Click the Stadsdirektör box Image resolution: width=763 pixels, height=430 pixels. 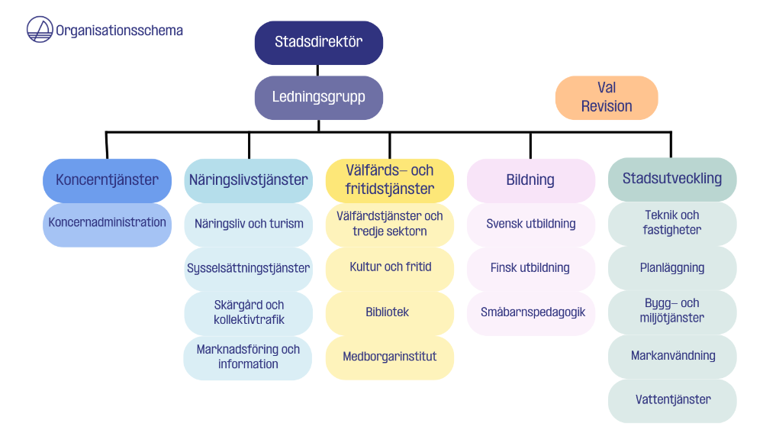(319, 43)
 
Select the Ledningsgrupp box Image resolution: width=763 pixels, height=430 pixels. (319, 98)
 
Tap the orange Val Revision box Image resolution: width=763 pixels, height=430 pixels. (607, 98)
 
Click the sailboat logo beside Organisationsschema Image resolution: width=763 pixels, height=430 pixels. (40, 29)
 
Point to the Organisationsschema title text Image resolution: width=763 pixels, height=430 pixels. (119, 31)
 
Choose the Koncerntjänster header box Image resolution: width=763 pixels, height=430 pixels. (107, 180)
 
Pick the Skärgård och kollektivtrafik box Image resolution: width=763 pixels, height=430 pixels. (249, 313)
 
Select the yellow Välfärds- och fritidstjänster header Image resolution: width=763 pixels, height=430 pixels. (390, 180)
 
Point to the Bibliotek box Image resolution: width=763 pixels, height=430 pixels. (390, 313)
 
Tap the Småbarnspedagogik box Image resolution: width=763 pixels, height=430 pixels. (531, 313)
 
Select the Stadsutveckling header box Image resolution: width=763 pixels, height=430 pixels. (672, 179)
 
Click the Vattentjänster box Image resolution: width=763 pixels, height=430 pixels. (672, 401)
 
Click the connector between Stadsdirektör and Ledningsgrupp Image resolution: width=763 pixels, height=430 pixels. (317, 70)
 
